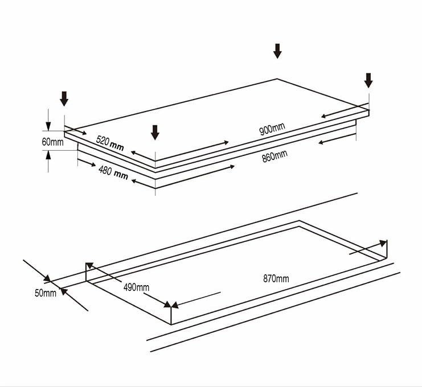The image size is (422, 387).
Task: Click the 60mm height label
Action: point(52,141)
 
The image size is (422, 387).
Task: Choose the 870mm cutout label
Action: point(276,278)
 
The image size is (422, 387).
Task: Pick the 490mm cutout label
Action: point(136,287)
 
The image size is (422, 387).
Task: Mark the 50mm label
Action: point(45,293)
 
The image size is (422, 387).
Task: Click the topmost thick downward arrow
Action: point(277,51)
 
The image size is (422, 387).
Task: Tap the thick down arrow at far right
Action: point(368,80)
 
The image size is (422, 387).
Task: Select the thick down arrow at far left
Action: point(64,98)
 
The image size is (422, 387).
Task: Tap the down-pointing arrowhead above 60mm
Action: point(48,129)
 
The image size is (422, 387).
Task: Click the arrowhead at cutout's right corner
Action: point(383,243)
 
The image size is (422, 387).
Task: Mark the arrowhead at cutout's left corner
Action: point(89,266)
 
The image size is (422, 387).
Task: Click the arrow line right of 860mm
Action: point(336,138)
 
